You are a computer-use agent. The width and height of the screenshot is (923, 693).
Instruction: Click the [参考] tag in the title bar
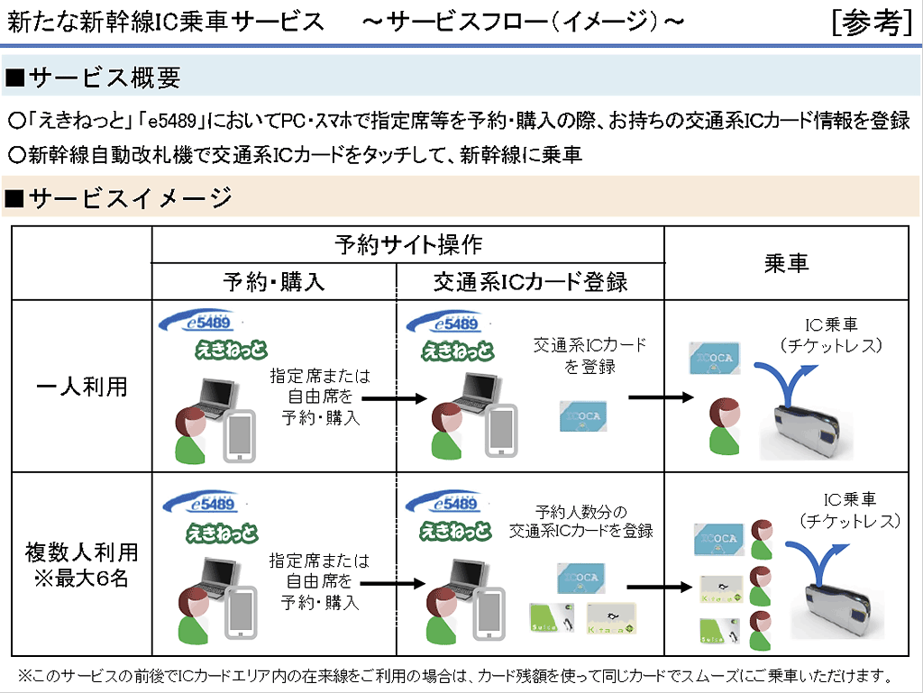pyautogui.click(x=872, y=23)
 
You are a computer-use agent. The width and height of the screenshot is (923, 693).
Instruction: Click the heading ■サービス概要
pyautogui.click(x=94, y=78)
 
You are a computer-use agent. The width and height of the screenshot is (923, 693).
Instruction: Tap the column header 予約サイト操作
pyautogui.click(x=407, y=244)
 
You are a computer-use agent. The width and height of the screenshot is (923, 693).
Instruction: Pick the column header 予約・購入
pyautogui.click(x=273, y=281)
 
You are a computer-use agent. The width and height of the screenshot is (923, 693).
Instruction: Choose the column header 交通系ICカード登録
pyautogui.click(x=530, y=281)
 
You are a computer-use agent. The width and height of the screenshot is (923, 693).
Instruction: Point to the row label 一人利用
pyautogui.click(x=82, y=387)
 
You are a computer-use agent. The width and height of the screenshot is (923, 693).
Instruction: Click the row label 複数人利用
pyautogui.click(x=82, y=550)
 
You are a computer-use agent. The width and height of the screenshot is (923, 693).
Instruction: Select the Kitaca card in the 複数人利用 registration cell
pyautogui.click(x=611, y=617)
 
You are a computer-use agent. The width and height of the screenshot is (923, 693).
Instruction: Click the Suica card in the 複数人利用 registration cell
pyautogui.click(x=550, y=617)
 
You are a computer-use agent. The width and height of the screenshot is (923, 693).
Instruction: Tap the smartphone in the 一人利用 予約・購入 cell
pyautogui.click(x=240, y=435)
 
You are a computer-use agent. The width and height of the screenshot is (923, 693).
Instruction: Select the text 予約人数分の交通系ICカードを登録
pyautogui.click(x=580, y=521)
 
